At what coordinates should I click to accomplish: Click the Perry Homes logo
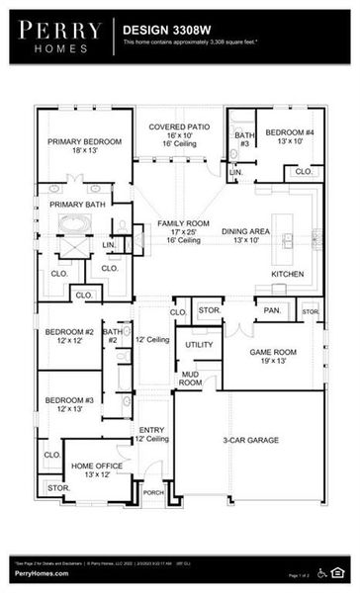[57, 37]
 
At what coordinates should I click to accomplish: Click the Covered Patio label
[179, 134]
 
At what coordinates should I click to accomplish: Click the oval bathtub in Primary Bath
[74, 223]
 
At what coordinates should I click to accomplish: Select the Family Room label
[184, 231]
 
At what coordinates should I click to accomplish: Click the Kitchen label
[288, 274]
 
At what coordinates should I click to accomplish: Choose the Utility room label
[199, 345]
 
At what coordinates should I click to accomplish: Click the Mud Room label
[191, 379]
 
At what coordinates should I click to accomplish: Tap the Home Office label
[97, 469]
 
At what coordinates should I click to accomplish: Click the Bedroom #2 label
[69, 337]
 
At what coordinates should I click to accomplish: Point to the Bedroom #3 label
[69, 404]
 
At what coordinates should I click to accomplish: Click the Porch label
[153, 491]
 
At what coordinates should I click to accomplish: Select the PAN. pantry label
[272, 310]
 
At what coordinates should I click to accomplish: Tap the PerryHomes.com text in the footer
[43, 573]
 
